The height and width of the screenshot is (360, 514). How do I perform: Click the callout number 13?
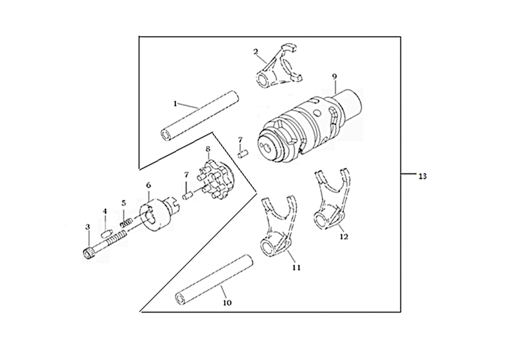click(422, 176)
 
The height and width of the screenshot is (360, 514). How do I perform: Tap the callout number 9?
click(334, 76)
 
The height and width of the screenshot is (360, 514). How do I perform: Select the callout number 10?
click(227, 303)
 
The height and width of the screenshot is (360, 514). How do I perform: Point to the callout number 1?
click(175, 104)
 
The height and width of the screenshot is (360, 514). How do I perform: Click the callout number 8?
click(208, 149)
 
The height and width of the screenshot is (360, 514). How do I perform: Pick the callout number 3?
click(87, 227)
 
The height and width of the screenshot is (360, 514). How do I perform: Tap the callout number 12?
click(344, 237)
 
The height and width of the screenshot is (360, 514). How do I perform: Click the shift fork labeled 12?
click(331, 203)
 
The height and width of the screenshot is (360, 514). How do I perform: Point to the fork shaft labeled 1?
click(200, 116)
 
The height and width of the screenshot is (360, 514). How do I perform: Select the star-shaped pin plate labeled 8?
click(217, 180)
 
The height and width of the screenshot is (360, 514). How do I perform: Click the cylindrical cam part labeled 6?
click(159, 214)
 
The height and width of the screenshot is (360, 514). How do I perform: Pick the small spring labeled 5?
click(126, 223)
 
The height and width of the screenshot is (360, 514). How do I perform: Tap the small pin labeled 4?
click(105, 234)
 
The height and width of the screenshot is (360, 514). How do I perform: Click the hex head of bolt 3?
click(87, 253)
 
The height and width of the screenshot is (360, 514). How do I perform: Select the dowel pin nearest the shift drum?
click(243, 153)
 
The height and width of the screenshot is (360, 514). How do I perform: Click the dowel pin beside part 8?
click(188, 195)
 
